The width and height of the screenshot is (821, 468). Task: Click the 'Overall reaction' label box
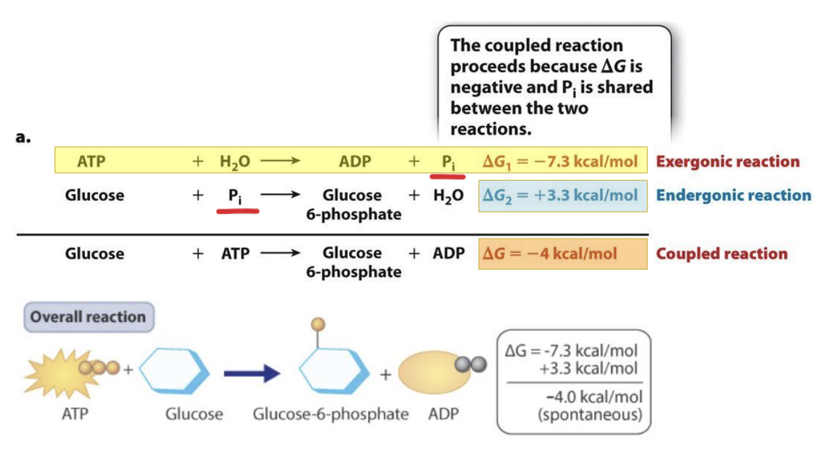coord(88,317)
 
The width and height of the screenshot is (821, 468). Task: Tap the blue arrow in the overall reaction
coord(251,374)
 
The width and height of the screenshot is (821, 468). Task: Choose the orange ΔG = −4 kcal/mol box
coord(563,253)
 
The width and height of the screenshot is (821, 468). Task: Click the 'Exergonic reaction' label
coord(727,161)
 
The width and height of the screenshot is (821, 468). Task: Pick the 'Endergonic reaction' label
coord(733,195)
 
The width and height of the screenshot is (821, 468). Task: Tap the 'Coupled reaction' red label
coord(722,253)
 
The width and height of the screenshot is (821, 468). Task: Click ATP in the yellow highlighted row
coord(91,161)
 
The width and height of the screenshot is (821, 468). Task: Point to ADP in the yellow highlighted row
coord(355,161)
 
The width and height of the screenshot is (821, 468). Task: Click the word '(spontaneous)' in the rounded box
coord(589,414)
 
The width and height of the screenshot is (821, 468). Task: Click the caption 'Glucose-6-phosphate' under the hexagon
coord(330,414)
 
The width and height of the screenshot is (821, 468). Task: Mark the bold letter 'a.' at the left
coord(24,138)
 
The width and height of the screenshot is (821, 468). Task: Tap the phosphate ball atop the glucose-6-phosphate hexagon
coord(319,323)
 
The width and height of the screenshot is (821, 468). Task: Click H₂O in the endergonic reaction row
coord(448,195)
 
